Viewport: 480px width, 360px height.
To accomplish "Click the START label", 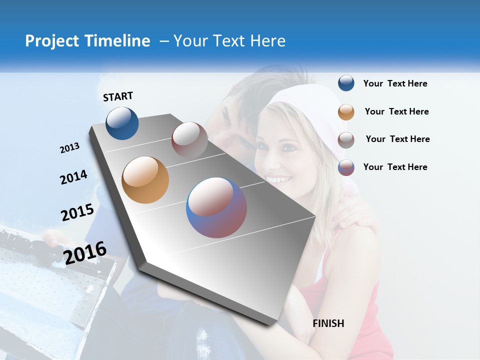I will click(x=118, y=96).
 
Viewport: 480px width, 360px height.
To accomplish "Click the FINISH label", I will click(x=328, y=323).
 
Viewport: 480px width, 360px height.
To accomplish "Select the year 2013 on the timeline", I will click(x=69, y=147).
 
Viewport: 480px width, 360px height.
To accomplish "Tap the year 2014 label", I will click(x=73, y=177).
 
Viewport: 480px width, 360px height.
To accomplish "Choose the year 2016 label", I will click(x=85, y=252).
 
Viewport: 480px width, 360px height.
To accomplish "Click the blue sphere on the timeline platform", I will click(x=122, y=123).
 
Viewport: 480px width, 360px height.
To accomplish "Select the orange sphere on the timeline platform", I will click(x=145, y=180).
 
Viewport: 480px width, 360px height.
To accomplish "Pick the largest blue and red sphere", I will click(x=216, y=207).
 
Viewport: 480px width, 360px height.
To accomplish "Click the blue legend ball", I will click(x=346, y=83).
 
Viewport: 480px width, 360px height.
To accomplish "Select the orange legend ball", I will click(x=346, y=112).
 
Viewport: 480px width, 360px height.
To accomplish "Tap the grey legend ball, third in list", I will click(x=346, y=140).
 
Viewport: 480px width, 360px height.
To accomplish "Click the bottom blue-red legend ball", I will click(x=346, y=167).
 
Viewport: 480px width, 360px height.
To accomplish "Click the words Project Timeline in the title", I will click(x=87, y=41).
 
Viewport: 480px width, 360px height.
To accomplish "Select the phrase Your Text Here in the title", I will click(x=229, y=41).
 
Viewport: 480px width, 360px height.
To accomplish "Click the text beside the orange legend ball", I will click(x=396, y=111).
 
